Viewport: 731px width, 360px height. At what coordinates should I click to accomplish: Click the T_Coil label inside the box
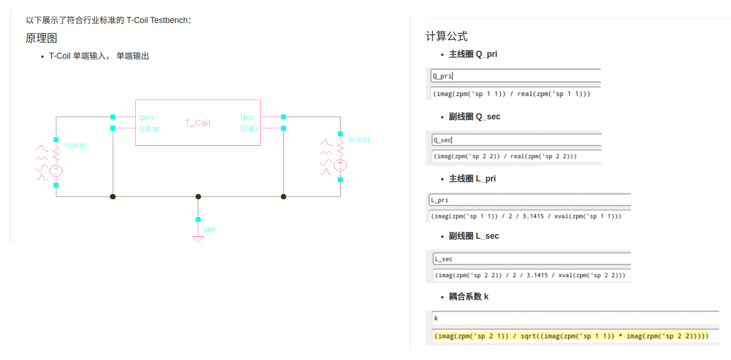coord(198,123)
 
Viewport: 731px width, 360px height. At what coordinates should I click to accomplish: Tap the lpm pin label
coord(146,117)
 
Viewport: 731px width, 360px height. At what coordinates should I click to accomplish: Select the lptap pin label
coord(149,128)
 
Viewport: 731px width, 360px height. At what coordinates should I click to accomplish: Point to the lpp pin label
coord(247,117)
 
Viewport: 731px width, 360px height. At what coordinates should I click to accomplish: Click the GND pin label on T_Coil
coord(249,128)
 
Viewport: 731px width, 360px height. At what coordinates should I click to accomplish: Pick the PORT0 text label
coord(75,146)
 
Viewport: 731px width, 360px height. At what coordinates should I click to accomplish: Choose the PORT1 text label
coord(359,141)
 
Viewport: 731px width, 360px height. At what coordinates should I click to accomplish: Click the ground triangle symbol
coord(198,239)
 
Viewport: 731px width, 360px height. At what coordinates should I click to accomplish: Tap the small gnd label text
coord(209,229)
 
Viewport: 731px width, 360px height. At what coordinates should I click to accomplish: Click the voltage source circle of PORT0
coord(56,171)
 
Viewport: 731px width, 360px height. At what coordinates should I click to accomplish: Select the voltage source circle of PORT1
coord(340,165)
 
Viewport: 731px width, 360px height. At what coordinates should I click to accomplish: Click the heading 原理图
coord(41,38)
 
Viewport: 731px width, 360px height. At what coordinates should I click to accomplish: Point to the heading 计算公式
coord(446,36)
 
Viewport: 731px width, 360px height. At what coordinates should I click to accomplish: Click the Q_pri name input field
coord(516,76)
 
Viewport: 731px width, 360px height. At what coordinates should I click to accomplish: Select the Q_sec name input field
coord(516,140)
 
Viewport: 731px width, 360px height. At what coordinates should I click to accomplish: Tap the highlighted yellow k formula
coord(571,336)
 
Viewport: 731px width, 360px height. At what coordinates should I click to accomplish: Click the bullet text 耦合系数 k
coord(468,297)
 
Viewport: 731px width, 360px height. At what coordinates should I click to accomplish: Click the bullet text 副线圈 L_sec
coord(474,236)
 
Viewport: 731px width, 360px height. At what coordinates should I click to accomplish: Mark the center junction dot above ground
coord(198,196)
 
